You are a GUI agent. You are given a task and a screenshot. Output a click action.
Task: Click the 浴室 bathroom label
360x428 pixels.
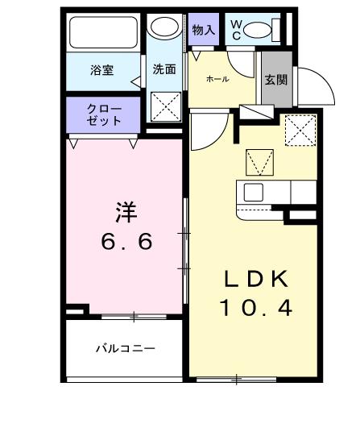click(x=101, y=70)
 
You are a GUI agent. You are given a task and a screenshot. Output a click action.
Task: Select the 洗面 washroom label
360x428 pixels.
click(x=164, y=69)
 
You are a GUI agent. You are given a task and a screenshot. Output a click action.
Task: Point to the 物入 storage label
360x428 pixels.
click(x=204, y=30)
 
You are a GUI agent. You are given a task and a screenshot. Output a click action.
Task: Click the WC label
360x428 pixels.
click(x=236, y=30)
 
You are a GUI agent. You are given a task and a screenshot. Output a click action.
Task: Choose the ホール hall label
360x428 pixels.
click(x=217, y=78)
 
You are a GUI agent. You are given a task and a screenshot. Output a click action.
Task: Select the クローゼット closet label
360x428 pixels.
click(x=105, y=114)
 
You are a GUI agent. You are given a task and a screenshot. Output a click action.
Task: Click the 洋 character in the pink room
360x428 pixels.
click(x=125, y=213)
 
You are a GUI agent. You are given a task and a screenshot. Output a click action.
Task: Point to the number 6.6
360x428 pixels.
click(x=126, y=242)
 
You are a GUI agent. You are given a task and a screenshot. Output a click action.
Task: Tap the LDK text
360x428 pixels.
click(x=255, y=279)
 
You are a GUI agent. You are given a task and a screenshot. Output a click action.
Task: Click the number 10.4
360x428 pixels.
click(x=255, y=307)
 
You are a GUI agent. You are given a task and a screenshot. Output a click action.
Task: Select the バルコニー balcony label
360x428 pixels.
click(x=125, y=349)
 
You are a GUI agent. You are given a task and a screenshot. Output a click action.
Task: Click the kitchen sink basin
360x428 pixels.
click(x=253, y=193)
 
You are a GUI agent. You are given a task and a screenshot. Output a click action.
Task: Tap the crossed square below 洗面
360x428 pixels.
click(x=167, y=106)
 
